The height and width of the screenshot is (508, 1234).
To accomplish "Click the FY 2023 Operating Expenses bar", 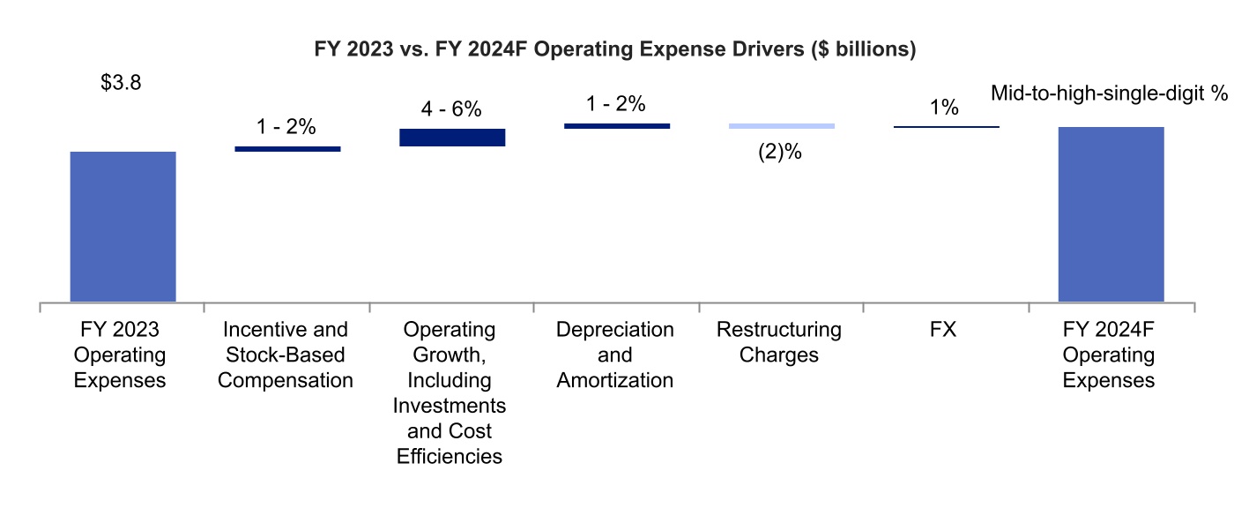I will tap(123, 227).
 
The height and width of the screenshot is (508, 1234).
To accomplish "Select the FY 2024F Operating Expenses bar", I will tap(1111, 214).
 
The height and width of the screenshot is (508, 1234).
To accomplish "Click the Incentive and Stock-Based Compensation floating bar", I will tap(287, 149).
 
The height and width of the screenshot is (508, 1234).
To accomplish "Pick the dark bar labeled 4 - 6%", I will tap(452, 137).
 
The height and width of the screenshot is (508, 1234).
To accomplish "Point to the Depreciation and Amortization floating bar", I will tap(616, 126).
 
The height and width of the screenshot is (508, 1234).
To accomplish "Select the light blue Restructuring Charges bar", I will tap(781, 126).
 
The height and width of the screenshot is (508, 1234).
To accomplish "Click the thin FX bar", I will tap(946, 127).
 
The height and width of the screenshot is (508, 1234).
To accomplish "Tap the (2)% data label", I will tap(780, 152).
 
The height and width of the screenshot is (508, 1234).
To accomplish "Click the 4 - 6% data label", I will tap(451, 109).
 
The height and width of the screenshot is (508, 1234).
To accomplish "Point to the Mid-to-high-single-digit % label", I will tap(1109, 93).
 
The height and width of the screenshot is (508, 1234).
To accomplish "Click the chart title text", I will tap(615, 50).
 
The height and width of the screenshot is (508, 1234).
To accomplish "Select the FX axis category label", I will tap(946, 330).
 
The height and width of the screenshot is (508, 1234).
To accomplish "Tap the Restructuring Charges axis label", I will tap(779, 342).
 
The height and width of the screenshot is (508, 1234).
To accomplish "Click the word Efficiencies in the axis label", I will tap(450, 457).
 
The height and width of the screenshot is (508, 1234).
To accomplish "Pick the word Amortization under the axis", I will tap(615, 381).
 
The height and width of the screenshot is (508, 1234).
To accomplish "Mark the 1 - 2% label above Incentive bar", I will tap(286, 127).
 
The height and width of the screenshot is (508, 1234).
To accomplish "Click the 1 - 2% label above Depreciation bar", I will tap(616, 104).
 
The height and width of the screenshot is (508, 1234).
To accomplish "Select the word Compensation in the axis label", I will tap(286, 381).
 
